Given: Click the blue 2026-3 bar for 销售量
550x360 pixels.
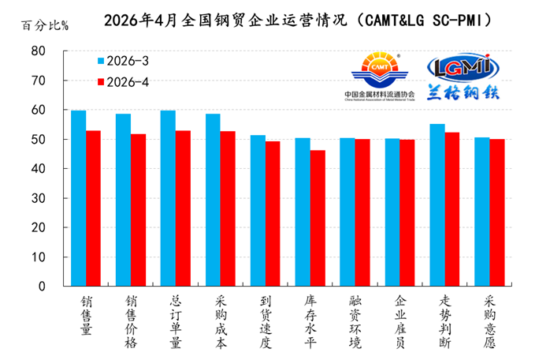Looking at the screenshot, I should click(79, 197).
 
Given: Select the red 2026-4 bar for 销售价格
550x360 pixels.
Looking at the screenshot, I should click(139, 210).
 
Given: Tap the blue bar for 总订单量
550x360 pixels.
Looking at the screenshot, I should click(168, 197).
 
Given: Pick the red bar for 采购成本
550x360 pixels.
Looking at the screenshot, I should click(228, 208).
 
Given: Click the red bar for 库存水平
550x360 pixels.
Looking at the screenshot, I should click(318, 218).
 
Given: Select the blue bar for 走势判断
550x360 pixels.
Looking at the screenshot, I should click(437, 204).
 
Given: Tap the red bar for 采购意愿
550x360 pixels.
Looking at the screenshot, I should click(496, 212).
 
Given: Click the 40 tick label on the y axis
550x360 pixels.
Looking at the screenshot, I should click(38, 169).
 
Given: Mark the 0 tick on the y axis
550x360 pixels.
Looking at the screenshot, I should click(42, 287).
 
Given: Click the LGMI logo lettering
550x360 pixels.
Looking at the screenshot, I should click(464, 66).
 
